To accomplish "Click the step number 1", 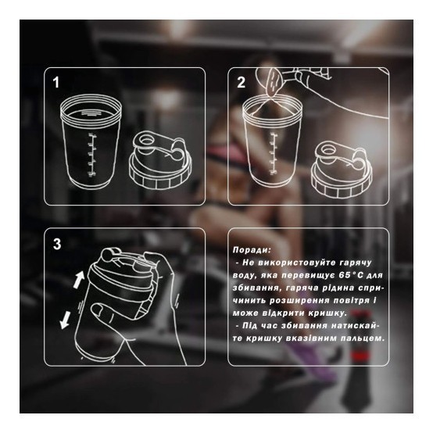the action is point(56,83).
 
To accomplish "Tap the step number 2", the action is point(241,83).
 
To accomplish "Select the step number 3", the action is point(57,244).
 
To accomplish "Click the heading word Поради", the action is point(252,250).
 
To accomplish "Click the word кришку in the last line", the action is point(263,338).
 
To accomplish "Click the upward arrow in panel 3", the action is point(79,279).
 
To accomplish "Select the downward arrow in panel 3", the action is point(65,320).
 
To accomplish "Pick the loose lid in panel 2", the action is point(342,170).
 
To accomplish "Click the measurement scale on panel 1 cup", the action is point(91,155).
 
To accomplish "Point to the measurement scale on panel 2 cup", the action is point(274,154).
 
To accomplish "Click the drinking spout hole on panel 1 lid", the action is point(145,140).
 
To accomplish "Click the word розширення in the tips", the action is point(299,301).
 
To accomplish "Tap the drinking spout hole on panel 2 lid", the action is point(328,149).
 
